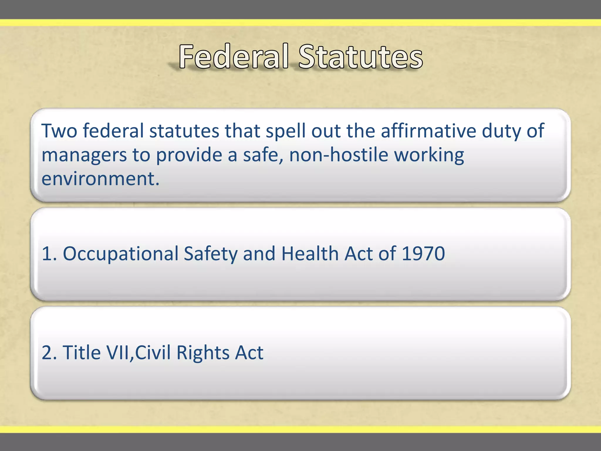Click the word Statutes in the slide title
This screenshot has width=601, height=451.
coord(360,56)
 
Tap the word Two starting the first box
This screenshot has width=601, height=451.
coord(60,131)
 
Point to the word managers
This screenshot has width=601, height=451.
coord(84,155)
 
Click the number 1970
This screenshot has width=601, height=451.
coord(423,253)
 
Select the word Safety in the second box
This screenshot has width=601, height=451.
coord(210,254)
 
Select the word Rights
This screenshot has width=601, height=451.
coord(203,353)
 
